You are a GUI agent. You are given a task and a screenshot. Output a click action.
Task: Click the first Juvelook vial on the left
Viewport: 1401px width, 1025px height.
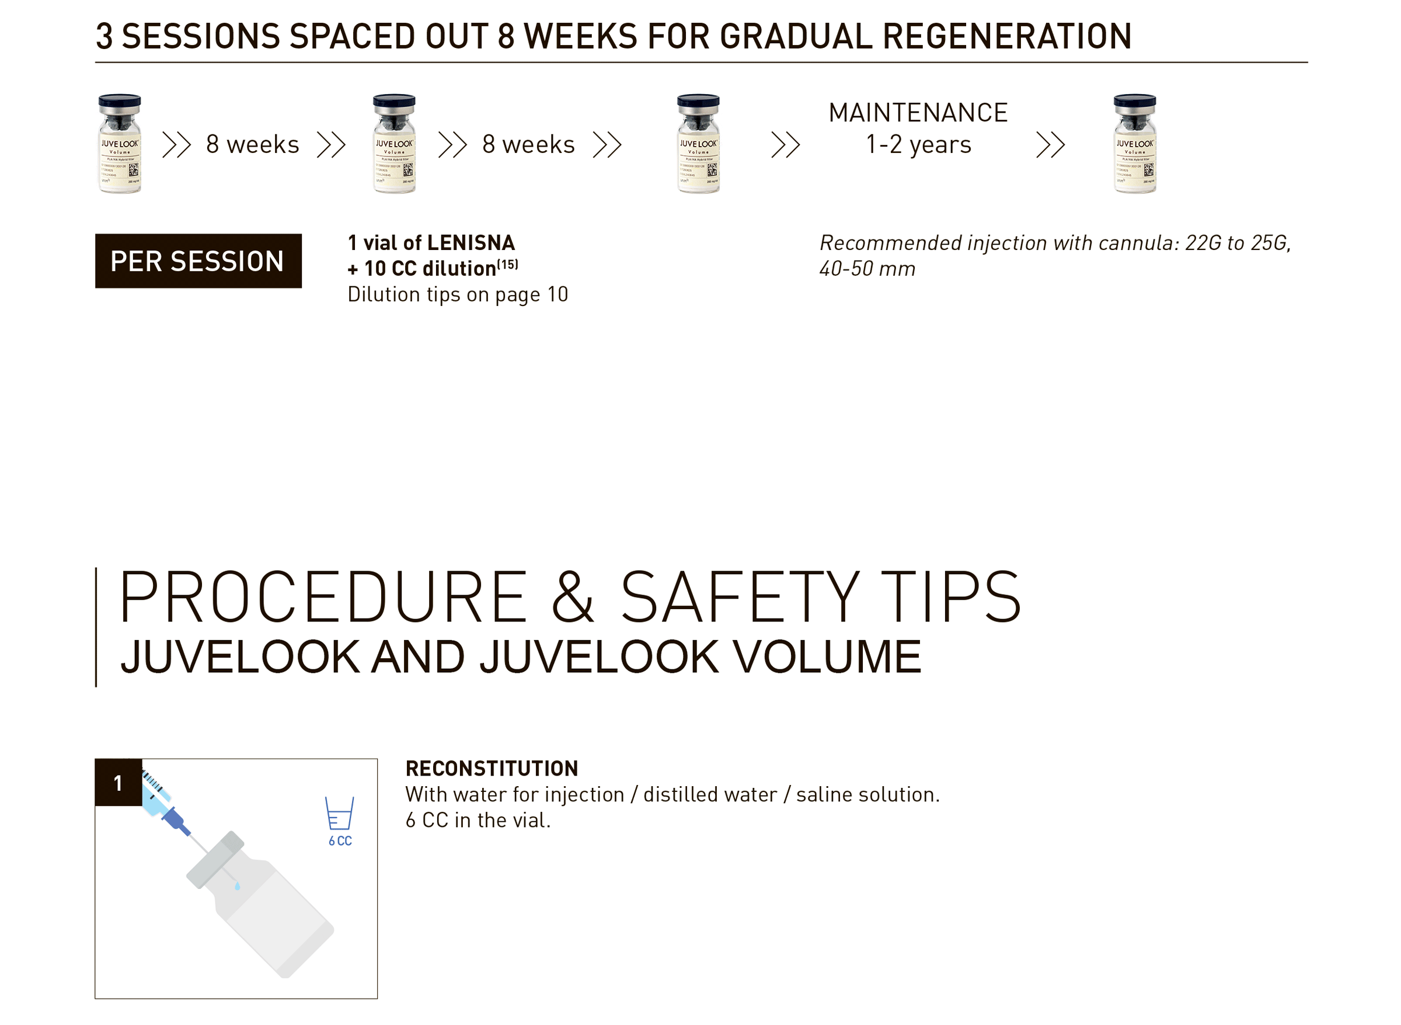click(x=120, y=144)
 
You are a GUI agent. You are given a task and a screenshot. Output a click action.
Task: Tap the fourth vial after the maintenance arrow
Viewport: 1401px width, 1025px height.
click(x=1134, y=144)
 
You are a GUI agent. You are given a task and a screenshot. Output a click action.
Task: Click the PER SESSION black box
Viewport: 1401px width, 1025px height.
click(x=198, y=261)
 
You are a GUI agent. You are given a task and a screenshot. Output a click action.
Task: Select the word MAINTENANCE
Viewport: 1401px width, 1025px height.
click(x=918, y=113)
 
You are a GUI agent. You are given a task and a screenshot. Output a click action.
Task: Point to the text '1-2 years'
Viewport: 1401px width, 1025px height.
click(x=918, y=145)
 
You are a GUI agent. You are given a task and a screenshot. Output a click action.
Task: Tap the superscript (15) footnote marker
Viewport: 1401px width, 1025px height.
click(x=507, y=265)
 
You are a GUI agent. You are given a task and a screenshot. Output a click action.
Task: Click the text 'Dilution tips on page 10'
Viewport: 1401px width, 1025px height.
click(x=458, y=294)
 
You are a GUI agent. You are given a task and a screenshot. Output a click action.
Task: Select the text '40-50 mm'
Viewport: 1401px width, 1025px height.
click(x=867, y=269)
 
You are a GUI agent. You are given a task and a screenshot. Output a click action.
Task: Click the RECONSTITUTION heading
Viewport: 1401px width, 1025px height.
click(x=492, y=769)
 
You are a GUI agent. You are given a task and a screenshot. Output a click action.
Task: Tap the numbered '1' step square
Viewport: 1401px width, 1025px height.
click(x=119, y=783)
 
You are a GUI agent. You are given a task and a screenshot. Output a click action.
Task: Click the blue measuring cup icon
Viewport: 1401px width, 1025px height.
click(x=339, y=814)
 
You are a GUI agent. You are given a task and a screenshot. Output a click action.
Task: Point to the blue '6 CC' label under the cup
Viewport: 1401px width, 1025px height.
click(x=340, y=842)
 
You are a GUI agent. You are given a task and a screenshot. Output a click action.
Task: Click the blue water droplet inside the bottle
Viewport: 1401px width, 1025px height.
click(x=238, y=887)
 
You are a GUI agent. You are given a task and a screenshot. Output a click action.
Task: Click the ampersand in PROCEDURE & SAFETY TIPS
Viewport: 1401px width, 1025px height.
click(x=573, y=597)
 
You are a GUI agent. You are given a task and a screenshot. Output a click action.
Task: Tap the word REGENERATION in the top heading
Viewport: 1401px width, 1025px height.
click(x=1006, y=36)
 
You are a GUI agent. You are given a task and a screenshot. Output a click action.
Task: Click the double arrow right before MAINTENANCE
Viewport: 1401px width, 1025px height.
click(x=785, y=145)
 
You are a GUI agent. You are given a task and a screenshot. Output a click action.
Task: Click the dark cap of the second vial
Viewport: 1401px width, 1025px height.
click(x=394, y=100)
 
